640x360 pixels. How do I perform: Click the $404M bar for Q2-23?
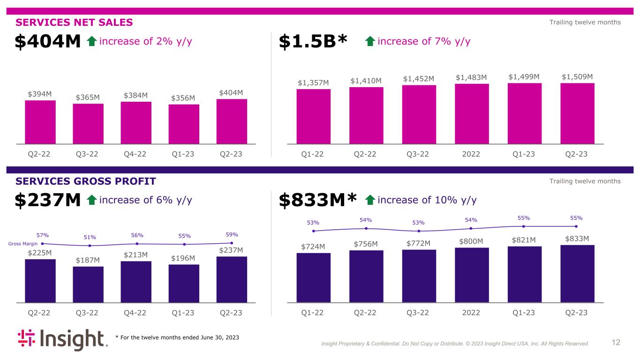click(232, 121)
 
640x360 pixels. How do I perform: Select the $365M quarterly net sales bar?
click(88, 123)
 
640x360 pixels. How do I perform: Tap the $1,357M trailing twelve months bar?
click(313, 116)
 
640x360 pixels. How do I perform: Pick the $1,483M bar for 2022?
click(472, 113)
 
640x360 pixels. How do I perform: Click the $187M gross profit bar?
click(88, 284)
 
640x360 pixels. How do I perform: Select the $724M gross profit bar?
click(313, 277)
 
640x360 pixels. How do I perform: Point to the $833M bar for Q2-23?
click(577, 273)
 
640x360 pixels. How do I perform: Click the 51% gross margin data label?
click(90, 237)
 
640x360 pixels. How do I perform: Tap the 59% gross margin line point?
click(232, 243)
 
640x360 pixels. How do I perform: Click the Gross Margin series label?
click(23, 244)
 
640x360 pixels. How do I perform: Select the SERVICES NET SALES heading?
click(75, 22)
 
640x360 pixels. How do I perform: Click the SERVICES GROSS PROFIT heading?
click(86, 181)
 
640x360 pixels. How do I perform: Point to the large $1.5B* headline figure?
click(313, 42)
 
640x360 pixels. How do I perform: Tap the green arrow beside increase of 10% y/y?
click(370, 201)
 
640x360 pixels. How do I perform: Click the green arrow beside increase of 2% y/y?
click(92, 42)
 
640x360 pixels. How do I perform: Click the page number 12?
click(616, 343)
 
